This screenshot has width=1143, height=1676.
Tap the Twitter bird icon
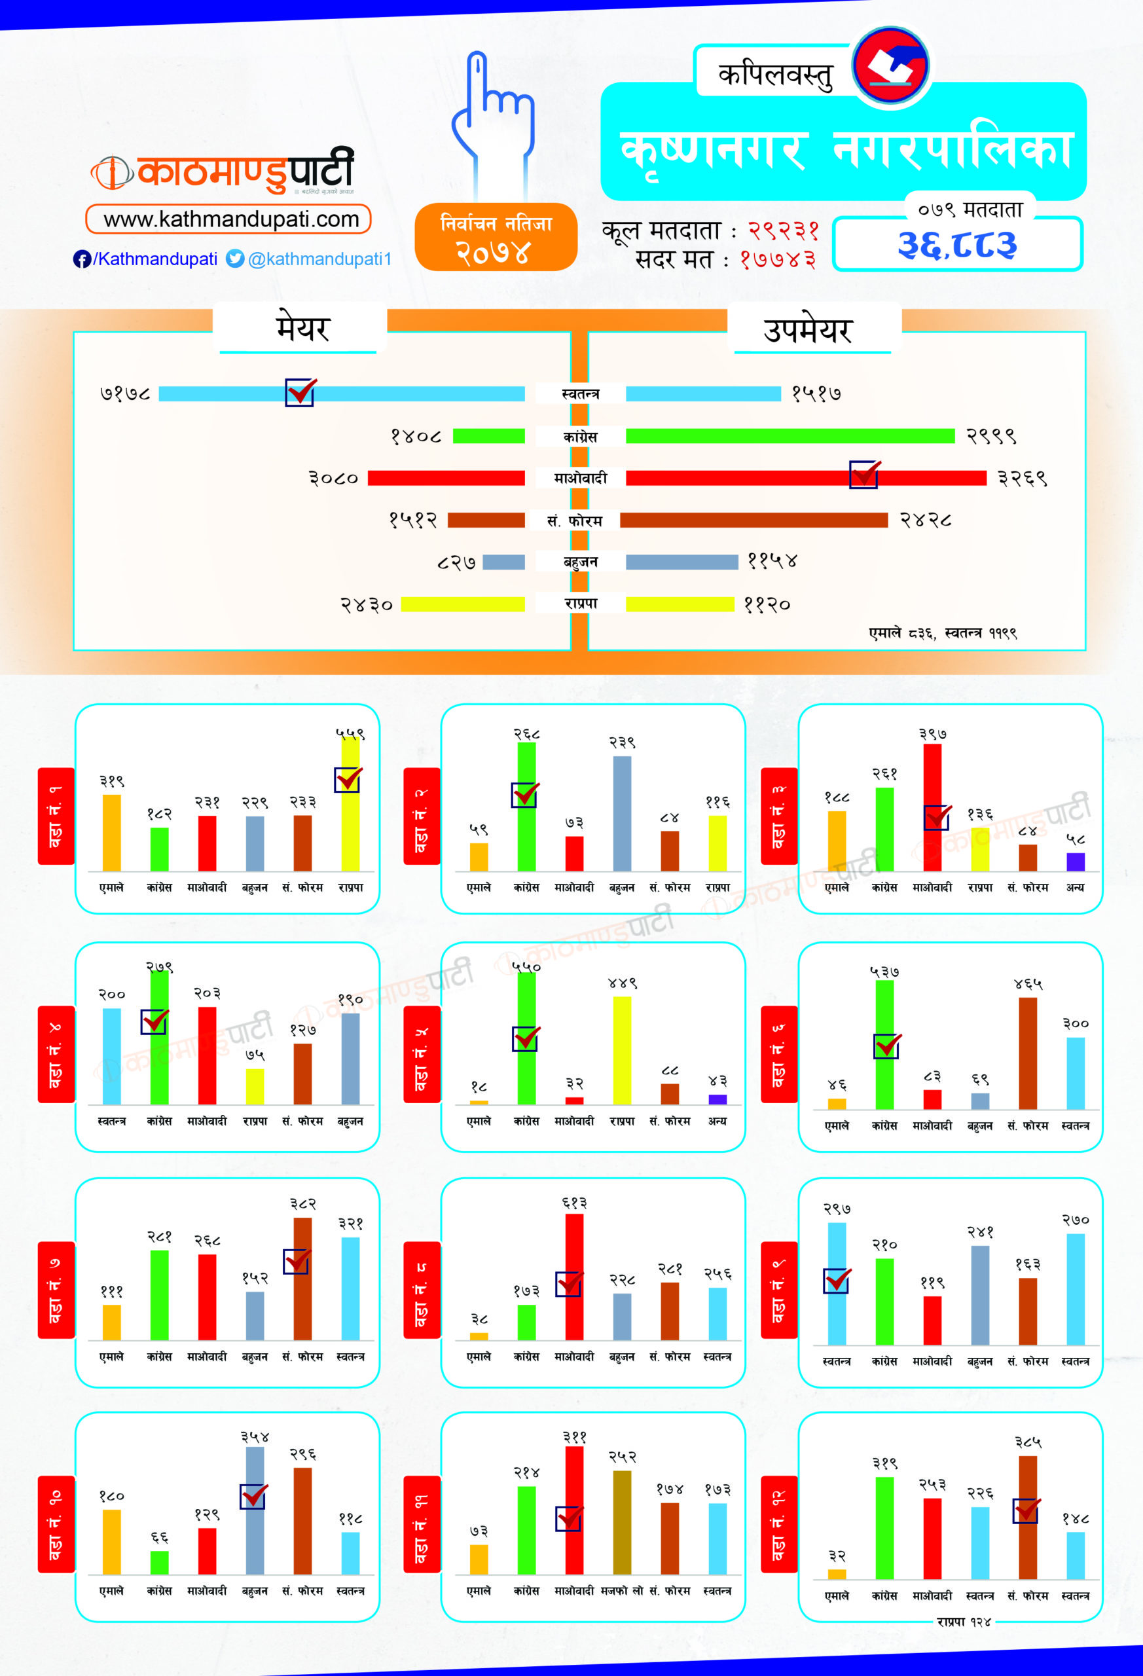click(235, 258)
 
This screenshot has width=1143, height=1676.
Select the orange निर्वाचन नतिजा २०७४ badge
click(496, 237)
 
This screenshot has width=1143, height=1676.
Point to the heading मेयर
click(303, 328)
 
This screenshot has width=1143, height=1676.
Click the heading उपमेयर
click(808, 329)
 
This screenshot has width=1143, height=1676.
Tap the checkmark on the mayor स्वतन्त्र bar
click(300, 392)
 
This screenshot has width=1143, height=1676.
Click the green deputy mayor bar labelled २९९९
click(789, 435)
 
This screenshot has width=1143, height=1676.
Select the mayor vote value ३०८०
click(333, 478)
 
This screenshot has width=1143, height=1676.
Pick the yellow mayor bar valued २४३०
click(462, 604)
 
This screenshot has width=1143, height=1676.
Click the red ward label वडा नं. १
click(56, 816)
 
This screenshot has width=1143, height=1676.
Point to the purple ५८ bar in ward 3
click(1075, 861)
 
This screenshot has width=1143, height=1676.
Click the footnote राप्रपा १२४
click(964, 1622)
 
